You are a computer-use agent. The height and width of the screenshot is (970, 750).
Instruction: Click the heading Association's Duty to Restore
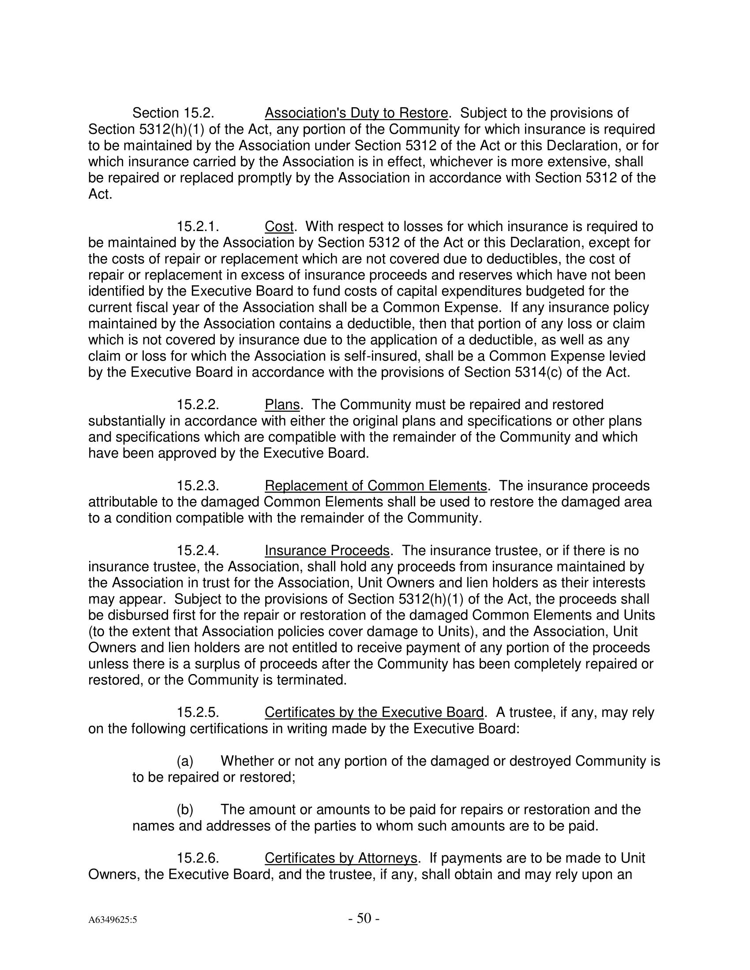(356, 113)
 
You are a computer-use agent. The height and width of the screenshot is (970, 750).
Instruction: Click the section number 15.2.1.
(198, 227)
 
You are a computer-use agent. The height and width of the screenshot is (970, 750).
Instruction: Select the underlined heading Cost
(279, 227)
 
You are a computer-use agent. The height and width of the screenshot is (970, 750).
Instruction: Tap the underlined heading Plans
(282, 405)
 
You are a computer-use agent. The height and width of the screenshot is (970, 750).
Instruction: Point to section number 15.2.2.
(198, 405)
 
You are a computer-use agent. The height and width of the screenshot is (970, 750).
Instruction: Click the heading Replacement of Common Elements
(376, 485)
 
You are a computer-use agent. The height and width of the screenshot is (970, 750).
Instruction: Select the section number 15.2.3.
(198, 485)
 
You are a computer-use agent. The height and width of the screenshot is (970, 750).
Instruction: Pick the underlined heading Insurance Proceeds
(327, 550)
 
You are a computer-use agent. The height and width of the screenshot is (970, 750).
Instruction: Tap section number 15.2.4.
(198, 550)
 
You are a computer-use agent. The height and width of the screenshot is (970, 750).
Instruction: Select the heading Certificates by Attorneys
(341, 858)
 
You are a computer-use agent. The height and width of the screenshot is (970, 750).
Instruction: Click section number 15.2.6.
(198, 858)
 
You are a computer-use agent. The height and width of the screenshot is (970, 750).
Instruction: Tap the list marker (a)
(185, 761)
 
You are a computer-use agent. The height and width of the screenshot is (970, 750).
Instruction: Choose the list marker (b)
(185, 809)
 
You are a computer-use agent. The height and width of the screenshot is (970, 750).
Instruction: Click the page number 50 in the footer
(364, 918)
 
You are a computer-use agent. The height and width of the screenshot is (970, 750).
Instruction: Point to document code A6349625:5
(112, 920)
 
